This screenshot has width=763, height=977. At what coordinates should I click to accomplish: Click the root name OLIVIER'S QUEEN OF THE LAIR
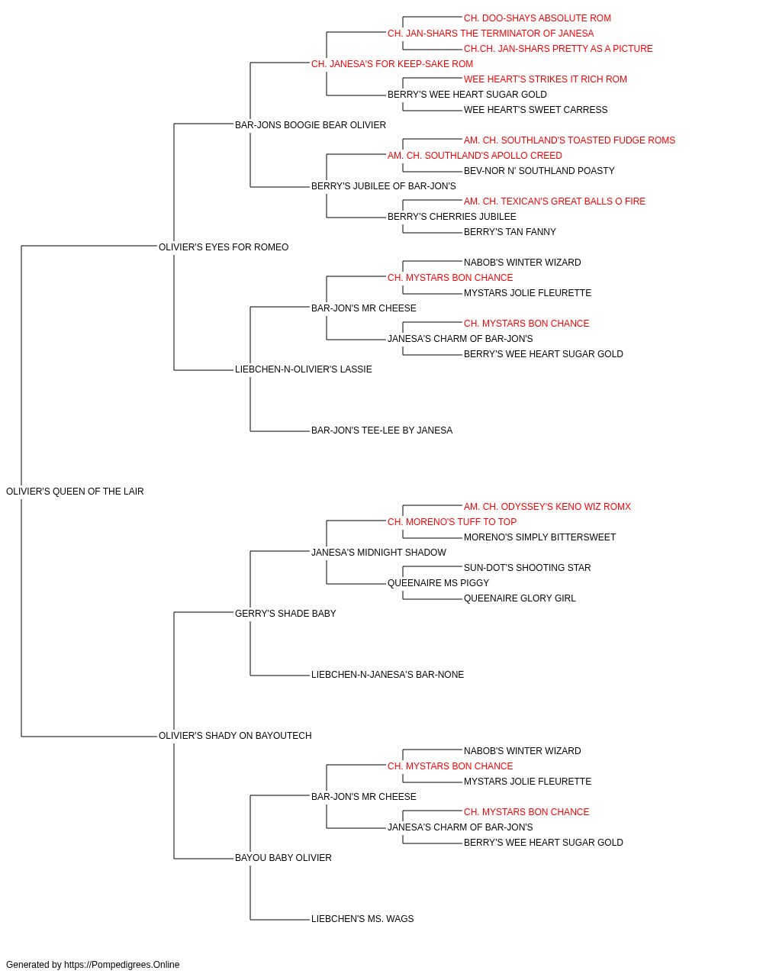pyautogui.click(x=75, y=492)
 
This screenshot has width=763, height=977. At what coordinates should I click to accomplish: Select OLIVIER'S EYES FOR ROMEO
pyautogui.click(x=224, y=247)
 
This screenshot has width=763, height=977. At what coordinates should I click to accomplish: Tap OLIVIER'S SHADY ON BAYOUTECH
pyautogui.click(x=235, y=736)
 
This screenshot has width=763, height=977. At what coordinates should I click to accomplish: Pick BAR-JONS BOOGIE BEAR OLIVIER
pyautogui.click(x=311, y=125)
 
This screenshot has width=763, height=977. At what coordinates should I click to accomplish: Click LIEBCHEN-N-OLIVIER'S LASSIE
pyautogui.click(x=304, y=369)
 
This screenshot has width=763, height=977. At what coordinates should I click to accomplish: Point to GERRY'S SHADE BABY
pyautogui.click(x=285, y=613)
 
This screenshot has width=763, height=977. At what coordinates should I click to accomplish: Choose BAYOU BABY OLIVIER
pyautogui.click(x=283, y=857)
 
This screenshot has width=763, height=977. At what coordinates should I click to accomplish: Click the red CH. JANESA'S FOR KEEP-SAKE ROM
pyautogui.click(x=392, y=64)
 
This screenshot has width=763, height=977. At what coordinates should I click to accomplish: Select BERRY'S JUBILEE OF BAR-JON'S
pyautogui.click(x=384, y=186)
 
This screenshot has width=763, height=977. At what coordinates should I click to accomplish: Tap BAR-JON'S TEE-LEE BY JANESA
pyautogui.click(x=382, y=430)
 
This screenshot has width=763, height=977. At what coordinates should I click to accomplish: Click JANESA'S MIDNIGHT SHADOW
pyautogui.click(x=378, y=552)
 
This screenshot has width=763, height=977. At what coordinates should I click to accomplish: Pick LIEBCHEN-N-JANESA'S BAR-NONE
pyautogui.click(x=388, y=675)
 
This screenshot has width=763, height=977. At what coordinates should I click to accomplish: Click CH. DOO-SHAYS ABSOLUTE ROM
pyautogui.click(x=537, y=18)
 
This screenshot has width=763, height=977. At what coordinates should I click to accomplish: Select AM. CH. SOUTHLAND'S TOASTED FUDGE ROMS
pyautogui.click(x=569, y=140)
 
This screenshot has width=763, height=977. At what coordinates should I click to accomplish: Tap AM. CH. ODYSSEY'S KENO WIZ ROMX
pyautogui.click(x=547, y=507)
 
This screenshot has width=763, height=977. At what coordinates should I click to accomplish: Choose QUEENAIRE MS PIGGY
pyautogui.click(x=438, y=582)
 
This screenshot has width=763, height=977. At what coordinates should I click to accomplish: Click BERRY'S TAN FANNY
pyautogui.click(x=510, y=232)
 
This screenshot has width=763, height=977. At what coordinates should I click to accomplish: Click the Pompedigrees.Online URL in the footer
pyautogui.click(x=122, y=965)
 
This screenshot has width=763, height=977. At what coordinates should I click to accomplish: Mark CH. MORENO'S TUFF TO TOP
pyautogui.click(x=452, y=521)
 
